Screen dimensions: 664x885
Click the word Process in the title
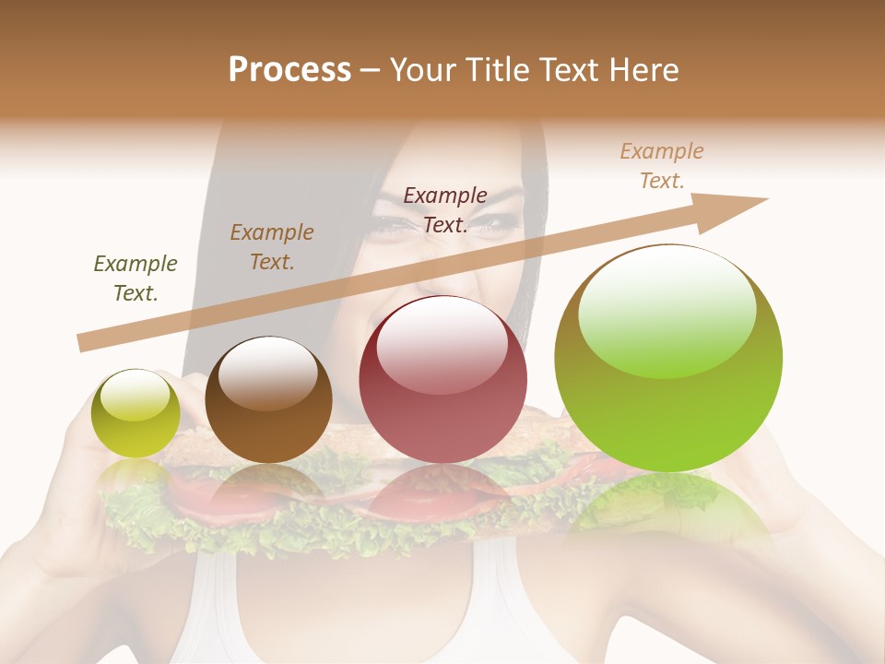point(289,70)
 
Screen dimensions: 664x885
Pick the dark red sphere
point(442,379)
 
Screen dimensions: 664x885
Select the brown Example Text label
point(272,247)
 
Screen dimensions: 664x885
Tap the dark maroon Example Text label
point(445,209)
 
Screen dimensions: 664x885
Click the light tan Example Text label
point(662,165)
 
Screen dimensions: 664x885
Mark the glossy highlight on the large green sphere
point(667,309)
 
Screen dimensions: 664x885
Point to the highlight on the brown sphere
point(267,373)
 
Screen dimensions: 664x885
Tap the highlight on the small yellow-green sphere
point(135,395)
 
